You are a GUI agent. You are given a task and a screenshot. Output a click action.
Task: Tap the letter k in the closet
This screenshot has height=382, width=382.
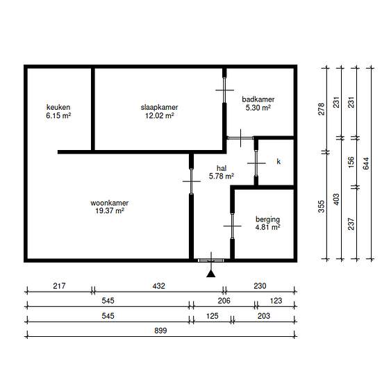[279, 161]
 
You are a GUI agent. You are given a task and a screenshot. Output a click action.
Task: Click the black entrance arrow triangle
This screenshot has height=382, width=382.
[211, 274]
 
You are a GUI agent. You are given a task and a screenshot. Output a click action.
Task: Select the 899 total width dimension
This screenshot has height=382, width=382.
[160, 331]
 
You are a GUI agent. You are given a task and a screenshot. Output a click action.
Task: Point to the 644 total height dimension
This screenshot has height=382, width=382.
[366, 163]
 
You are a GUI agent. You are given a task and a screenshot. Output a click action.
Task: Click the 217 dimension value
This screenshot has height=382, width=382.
[59, 285]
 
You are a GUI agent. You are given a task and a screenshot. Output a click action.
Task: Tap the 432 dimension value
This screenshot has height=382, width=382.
[158, 285]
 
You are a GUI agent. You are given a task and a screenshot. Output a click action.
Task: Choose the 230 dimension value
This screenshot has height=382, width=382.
[260, 285]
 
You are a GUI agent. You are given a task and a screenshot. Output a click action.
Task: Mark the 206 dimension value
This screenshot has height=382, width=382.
[224, 301]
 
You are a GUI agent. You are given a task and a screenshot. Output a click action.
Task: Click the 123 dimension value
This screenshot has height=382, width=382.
[276, 301]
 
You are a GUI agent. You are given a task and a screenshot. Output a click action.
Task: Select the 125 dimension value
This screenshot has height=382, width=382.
[213, 316]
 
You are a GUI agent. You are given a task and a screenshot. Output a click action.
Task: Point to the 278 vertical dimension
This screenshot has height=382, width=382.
[322, 109]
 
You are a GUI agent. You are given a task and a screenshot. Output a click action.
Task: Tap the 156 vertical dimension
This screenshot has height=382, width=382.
[351, 162]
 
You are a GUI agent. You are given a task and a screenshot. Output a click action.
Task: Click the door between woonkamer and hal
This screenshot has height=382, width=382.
[192, 181]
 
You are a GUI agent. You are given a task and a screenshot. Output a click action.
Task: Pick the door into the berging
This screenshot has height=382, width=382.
[233, 226]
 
